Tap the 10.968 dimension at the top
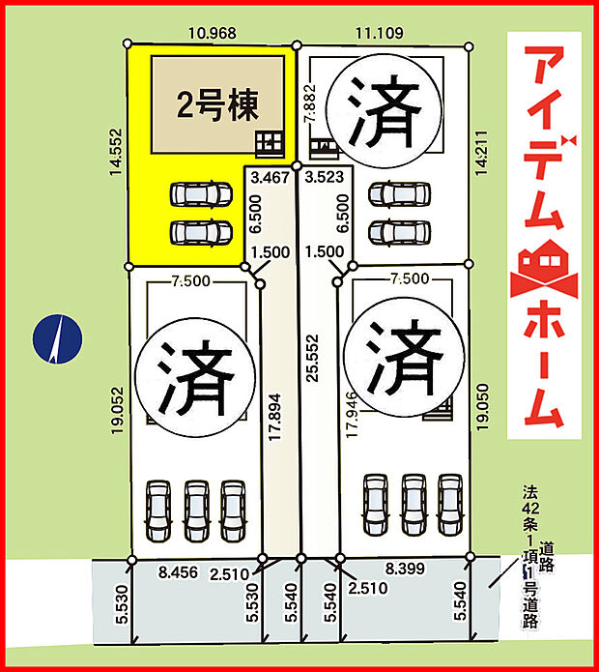[x=212, y=33]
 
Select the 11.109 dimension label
[x=378, y=33]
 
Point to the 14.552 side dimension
[x=117, y=153]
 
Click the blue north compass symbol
[x=58, y=341]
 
